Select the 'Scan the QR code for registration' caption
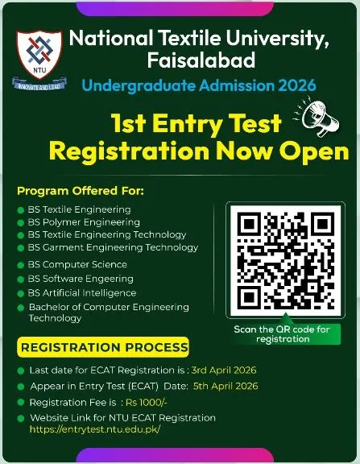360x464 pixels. pos(282,333)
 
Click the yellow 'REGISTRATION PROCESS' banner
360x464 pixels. pos(104,348)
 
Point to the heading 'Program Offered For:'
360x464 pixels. pos(81,191)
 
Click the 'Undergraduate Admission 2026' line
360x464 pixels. pos(199,85)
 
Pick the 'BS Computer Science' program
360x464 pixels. pos(77,264)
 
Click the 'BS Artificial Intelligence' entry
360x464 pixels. pos(82,292)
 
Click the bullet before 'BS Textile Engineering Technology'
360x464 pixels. pos(21,235)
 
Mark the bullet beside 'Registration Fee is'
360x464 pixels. pos(20,402)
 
